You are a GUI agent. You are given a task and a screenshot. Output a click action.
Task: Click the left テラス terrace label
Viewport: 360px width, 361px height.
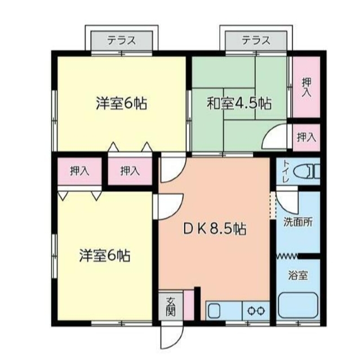[x=122, y=41]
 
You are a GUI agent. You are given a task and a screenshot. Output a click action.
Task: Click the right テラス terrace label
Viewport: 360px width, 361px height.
[x=256, y=41]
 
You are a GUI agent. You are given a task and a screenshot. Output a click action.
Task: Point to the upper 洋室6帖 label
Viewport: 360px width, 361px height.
[x=121, y=104]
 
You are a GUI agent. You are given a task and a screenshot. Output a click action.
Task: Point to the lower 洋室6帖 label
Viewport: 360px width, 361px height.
[x=104, y=256]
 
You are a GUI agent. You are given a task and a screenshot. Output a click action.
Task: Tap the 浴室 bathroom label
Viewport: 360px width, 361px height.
[x=298, y=276]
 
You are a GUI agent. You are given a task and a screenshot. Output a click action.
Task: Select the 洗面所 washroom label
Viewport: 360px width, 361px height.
[x=298, y=222]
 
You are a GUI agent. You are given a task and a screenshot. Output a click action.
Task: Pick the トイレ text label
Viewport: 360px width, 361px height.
[x=286, y=171]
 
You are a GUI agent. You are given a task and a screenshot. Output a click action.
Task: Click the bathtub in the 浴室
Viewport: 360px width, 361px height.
[x=298, y=307]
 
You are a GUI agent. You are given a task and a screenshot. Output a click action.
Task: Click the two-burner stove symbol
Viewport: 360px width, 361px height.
[x=256, y=310]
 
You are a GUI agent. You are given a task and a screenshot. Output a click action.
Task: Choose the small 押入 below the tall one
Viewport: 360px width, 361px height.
[x=306, y=137]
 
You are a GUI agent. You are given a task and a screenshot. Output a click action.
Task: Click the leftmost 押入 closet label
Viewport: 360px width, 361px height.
[x=79, y=171]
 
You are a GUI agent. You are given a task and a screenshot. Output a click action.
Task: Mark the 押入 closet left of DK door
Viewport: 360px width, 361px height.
[x=130, y=171]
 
